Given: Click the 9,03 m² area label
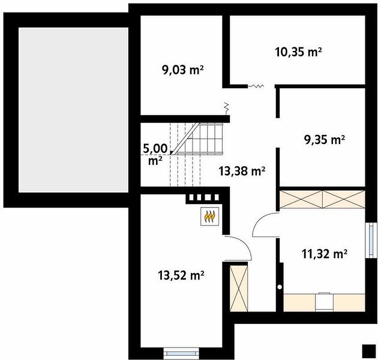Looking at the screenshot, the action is click(x=183, y=70).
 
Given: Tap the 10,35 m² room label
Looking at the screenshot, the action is click(x=298, y=52).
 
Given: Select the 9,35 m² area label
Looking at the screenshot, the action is click(x=325, y=140).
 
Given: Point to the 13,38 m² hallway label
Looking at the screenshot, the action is click(x=242, y=171).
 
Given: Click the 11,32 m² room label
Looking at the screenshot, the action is click(x=324, y=254).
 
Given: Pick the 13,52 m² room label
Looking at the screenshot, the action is click(x=181, y=275).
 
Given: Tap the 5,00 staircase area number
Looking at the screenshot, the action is click(x=155, y=149).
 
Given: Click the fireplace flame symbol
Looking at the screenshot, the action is click(x=210, y=216).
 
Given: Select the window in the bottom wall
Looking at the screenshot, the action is click(x=181, y=354).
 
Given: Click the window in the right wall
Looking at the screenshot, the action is click(x=371, y=240).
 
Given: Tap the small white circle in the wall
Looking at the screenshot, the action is click(x=280, y=287).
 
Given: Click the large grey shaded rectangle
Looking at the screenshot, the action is click(x=73, y=110).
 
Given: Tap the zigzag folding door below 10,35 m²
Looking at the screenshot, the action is click(x=256, y=86).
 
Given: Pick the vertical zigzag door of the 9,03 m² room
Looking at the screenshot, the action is click(x=226, y=108).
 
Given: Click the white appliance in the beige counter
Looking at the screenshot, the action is click(x=325, y=302).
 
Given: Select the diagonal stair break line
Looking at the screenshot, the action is click(x=186, y=139).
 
